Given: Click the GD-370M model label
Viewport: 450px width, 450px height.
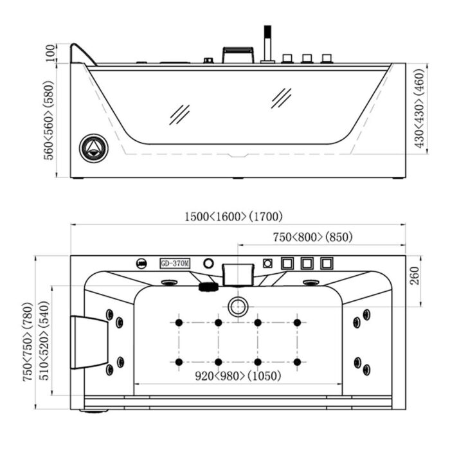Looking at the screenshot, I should [174, 264].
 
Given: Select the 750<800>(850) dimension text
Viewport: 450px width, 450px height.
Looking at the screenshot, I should [312, 237].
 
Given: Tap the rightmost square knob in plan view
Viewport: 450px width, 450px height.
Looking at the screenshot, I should [328, 264].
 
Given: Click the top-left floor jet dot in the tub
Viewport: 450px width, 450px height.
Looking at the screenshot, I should [178, 322].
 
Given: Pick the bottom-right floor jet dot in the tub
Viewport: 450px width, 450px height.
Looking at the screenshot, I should [297, 362].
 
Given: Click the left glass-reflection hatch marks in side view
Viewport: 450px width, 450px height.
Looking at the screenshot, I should [179, 114].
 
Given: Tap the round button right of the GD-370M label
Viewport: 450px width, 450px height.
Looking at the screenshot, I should [208, 263].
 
